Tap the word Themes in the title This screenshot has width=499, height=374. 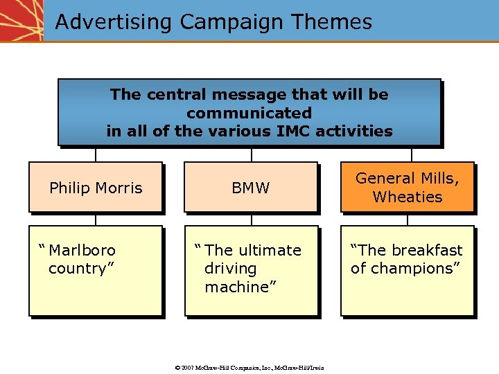331,22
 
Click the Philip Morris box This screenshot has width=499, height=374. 96,188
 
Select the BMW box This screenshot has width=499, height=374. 251,188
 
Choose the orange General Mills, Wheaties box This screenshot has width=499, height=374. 407,188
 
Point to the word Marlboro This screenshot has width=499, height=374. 82,250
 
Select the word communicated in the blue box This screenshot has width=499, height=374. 249,112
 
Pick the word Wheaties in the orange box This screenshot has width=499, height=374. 407,197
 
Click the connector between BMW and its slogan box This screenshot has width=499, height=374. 251,219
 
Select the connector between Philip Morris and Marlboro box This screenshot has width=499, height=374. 96,219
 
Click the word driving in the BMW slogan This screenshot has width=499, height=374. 230,269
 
